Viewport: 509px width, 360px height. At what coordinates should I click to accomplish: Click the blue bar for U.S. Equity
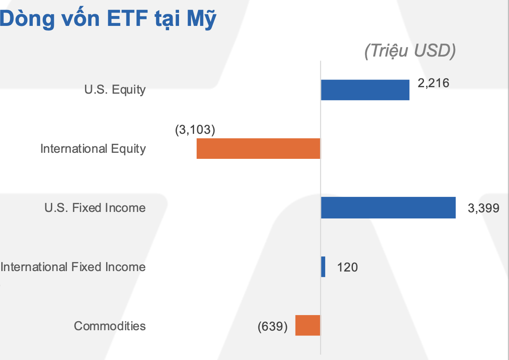tap(365, 90)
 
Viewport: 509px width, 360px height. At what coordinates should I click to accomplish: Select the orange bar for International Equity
tap(258, 148)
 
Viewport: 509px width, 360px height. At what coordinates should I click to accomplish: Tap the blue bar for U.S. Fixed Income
tap(388, 208)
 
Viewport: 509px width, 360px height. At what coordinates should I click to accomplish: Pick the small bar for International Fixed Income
tap(323, 267)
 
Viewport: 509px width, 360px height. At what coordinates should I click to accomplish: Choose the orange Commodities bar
tap(308, 325)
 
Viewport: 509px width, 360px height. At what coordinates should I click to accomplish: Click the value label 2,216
tap(433, 82)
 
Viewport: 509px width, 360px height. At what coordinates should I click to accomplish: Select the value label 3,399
tap(483, 208)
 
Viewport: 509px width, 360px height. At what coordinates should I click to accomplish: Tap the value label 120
tap(347, 267)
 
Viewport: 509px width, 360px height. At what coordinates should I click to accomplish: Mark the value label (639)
tap(273, 326)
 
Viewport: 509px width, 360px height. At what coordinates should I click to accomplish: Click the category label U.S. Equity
tap(115, 90)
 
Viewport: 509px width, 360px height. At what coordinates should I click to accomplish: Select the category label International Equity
tap(93, 149)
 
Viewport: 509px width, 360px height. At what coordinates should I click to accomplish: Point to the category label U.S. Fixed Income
tap(95, 208)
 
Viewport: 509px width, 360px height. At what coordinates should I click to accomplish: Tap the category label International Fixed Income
tap(73, 267)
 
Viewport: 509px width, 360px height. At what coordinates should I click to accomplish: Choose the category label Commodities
tap(110, 325)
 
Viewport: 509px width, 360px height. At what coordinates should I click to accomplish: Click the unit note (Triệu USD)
tap(410, 51)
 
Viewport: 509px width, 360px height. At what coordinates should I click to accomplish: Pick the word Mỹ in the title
tap(201, 19)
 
